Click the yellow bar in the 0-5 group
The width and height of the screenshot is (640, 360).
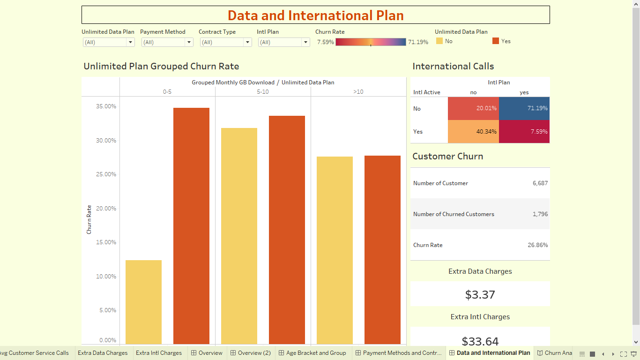tap(143, 302)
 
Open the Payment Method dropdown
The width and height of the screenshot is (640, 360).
tap(167, 42)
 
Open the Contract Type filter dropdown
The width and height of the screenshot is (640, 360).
tap(225, 42)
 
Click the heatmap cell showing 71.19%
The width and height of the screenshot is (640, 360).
tap(524, 108)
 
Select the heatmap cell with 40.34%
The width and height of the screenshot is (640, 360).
tap(473, 132)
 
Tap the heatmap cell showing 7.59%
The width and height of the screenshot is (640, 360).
tap(524, 132)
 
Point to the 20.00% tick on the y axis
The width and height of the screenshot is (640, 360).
tap(106, 209)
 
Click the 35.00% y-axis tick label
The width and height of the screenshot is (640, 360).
tap(106, 106)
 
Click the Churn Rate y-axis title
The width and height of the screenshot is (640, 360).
tap(89, 219)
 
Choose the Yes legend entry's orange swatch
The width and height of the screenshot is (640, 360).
tap(496, 41)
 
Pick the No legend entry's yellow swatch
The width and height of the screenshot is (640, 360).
tap(439, 41)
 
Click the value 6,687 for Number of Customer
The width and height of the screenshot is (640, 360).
tap(540, 183)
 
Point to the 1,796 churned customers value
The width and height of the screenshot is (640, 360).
tap(540, 214)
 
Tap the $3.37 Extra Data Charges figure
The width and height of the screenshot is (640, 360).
tap(480, 294)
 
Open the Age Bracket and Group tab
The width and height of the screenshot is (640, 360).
tap(316, 353)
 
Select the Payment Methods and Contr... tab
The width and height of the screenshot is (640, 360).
tap(402, 353)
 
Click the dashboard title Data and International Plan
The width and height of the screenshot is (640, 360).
tap(315, 15)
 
